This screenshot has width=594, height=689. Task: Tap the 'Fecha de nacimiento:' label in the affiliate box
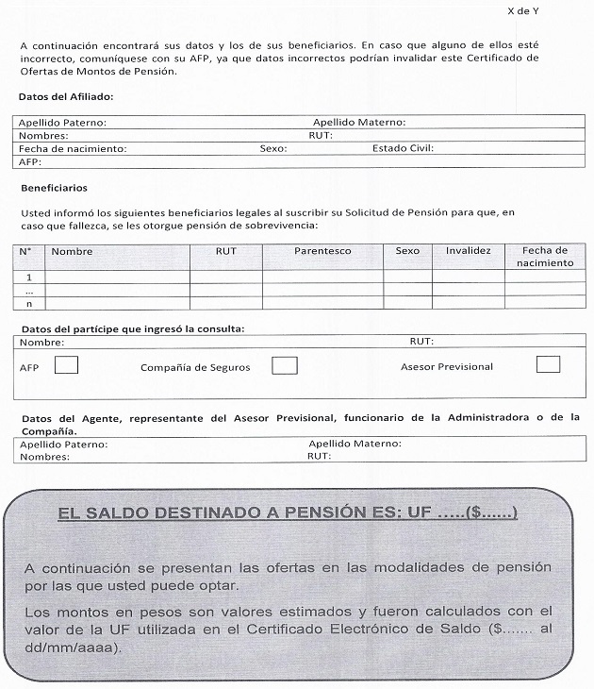click(x=73, y=149)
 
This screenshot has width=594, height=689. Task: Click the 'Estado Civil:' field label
click(x=403, y=149)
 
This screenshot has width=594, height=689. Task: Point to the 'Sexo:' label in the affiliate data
click(x=273, y=149)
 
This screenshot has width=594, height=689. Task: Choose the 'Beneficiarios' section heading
click(x=54, y=189)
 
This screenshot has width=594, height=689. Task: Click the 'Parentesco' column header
click(x=322, y=251)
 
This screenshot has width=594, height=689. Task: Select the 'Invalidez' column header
click(x=468, y=251)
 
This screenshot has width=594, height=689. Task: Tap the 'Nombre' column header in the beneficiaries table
click(x=72, y=251)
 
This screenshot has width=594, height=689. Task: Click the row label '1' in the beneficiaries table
click(x=29, y=277)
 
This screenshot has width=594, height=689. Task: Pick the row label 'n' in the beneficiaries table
click(x=29, y=303)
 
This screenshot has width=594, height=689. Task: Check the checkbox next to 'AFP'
click(x=66, y=365)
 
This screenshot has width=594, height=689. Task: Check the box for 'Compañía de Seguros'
click(x=285, y=365)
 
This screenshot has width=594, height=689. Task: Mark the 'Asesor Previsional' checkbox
click(x=547, y=364)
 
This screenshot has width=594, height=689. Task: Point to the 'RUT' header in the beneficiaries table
click(x=225, y=251)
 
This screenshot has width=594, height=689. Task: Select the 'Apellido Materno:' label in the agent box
click(x=355, y=444)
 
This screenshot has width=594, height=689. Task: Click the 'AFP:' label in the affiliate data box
click(x=31, y=161)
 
